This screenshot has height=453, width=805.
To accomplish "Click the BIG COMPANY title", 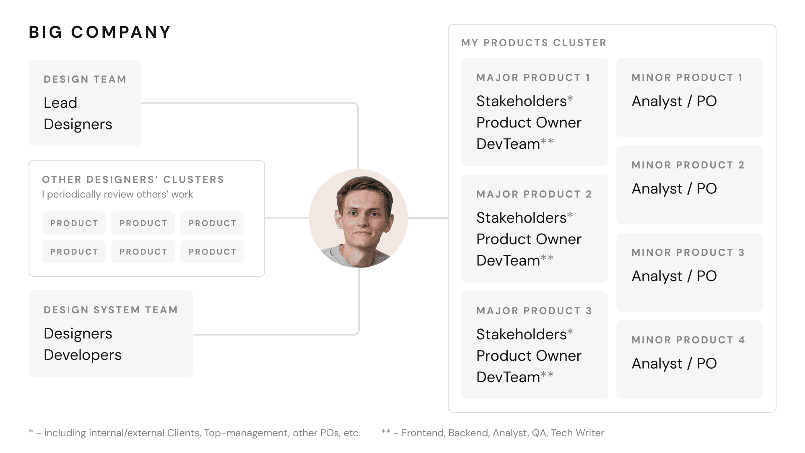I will tap(100, 32).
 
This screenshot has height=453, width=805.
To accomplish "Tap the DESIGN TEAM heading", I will tap(85, 79).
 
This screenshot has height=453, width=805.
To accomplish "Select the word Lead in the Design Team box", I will tap(60, 103).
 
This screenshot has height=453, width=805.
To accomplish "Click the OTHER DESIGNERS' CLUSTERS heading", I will tap(133, 180).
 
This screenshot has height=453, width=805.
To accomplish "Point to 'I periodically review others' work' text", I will tap(117, 194).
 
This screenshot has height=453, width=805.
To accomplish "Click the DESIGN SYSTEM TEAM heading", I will tap(111, 310).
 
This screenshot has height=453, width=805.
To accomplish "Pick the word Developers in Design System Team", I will tap(83, 355).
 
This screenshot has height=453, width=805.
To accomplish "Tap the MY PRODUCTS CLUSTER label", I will tap(534, 43).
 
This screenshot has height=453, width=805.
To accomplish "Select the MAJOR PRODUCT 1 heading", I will tap(533, 78).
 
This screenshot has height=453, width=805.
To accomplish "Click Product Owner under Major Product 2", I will tap(529, 239).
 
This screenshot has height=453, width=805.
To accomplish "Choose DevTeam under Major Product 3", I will tap(508, 377).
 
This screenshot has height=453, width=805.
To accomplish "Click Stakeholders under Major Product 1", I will tap(522, 101).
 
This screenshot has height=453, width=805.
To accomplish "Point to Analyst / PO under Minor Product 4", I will tap(674, 363).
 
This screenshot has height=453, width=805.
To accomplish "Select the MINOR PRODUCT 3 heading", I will tap(688, 253).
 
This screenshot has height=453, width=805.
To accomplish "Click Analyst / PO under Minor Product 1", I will tap(674, 101).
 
